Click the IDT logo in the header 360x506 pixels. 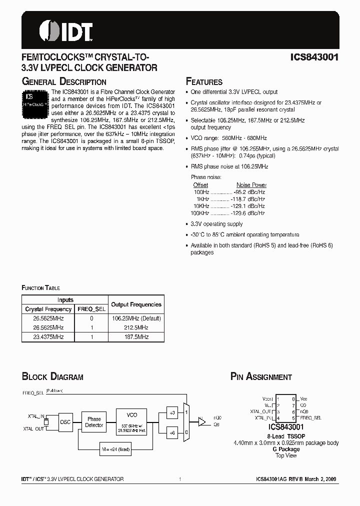pyautogui.click(x=65, y=30)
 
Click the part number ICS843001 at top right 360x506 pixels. pyautogui.click(x=314, y=57)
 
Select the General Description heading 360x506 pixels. pyautogui.click(x=64, y=81)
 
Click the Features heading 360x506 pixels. pyautogui.click(x=204, y=81)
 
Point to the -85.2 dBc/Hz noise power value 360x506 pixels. pyautogui.click(x=249, y=191)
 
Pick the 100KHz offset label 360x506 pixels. pyautogui.click(x=201, y=213)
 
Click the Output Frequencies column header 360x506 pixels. pyautogui.click(x=136, y=304)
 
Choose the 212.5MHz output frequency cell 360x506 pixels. pyautogui.click(x=136, y=327)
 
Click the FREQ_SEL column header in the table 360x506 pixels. pyautogui.click(x=91, y=309)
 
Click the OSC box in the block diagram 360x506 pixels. pyautogui.click(x=65, y=422)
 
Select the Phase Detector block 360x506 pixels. pyautogui.click(x=94, y=422)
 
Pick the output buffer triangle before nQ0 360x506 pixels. pyautogui.click(x=202, y=421)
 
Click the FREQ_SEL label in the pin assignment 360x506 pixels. pyautogui.click(x=310, y=417)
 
